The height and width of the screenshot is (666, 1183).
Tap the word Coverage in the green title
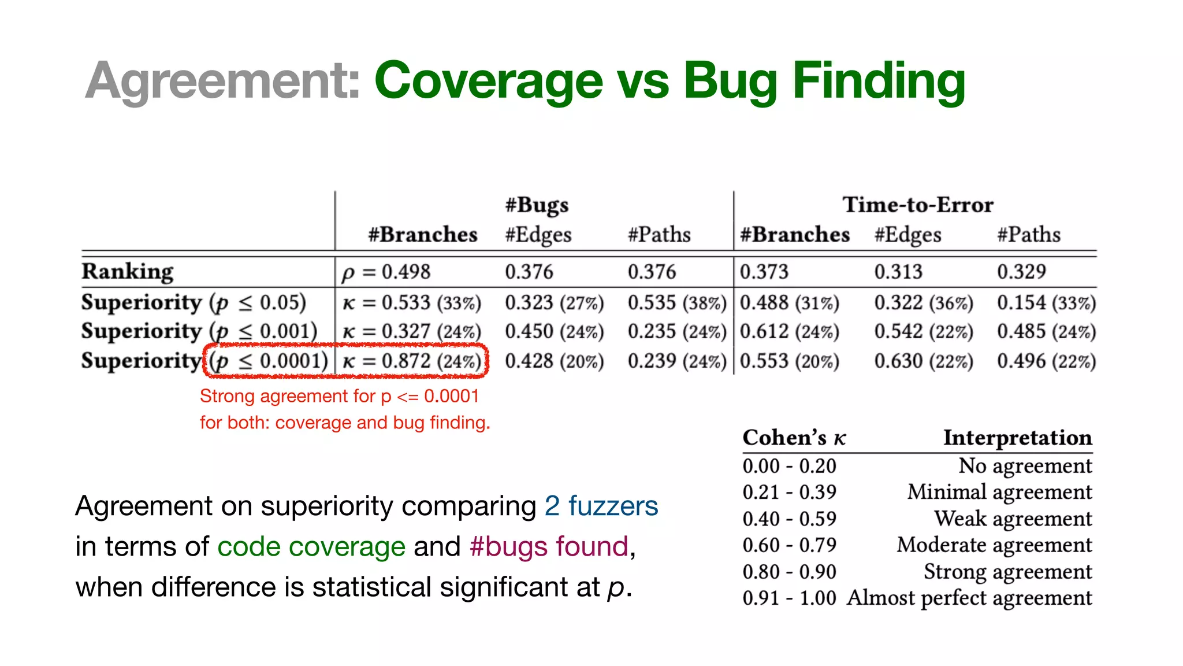tap(489, 81)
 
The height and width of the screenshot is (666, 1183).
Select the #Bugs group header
tap(537, 205)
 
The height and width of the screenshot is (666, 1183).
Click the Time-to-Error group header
tap(918, 205)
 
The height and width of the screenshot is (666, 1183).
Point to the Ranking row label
tap(128, 271)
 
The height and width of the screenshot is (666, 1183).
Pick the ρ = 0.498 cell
tap(386, 272)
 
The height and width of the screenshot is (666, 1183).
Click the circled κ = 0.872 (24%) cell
tap(412, 361)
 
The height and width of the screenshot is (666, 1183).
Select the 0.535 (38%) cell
tap(676, 302)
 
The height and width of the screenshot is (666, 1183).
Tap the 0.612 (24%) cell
tap(789, 331)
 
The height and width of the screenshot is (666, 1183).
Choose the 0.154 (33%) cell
tap(1046, 302)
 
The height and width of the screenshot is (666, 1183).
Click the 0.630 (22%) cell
tap(923, 361)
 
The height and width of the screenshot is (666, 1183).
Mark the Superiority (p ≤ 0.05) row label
tap(194, 302)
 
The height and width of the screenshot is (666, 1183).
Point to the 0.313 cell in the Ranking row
tap(898, 272)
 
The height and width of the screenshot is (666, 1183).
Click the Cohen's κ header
tap(794, 438)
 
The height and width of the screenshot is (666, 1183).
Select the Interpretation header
tap(1018, 438)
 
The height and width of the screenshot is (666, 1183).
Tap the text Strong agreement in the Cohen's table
tap(1008, 572)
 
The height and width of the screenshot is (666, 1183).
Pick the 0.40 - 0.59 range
tap(789, 519)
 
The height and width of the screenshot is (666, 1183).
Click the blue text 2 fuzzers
tap(601, 506)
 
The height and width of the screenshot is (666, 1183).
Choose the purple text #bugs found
tap(549, 546)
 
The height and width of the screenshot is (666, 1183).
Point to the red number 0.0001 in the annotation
tap(452, 396)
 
